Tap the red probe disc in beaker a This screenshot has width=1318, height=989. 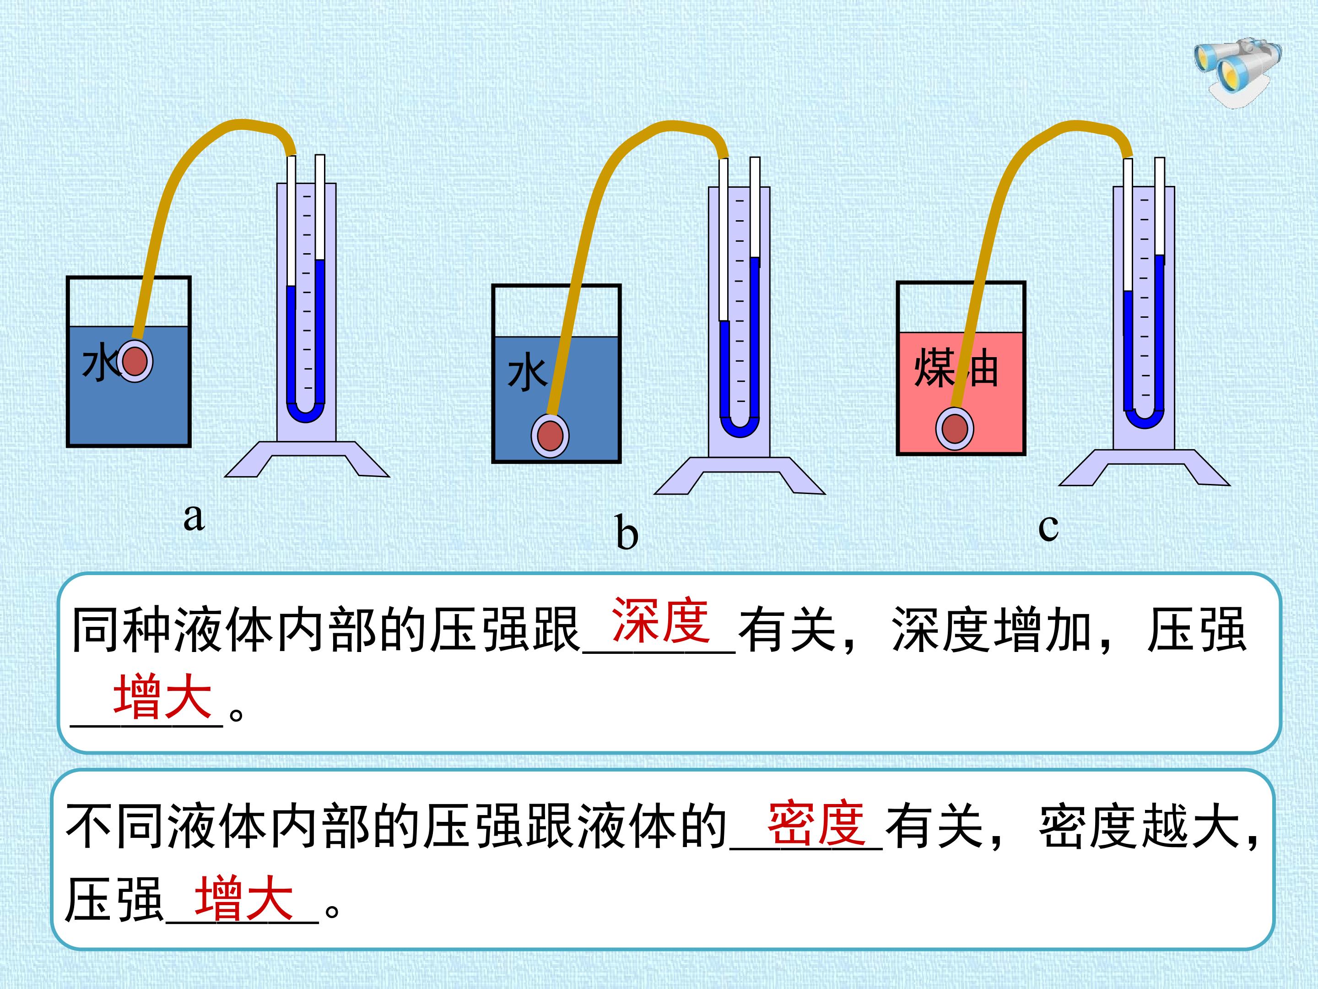point(135,361)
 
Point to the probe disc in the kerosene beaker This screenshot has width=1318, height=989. point(955,429)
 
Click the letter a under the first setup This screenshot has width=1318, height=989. point(194,516)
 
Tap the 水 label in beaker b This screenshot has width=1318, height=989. point(527,373)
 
